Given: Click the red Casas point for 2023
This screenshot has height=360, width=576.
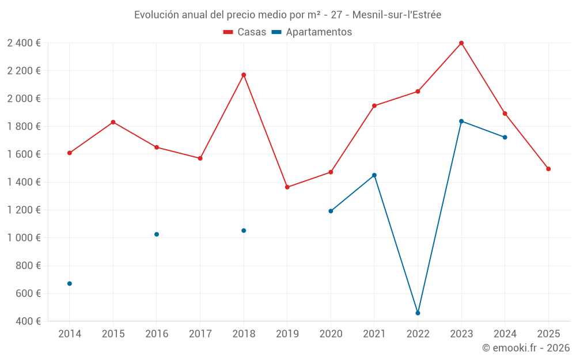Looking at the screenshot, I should click(x=461, y=43).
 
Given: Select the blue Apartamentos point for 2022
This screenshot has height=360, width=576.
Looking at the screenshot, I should click(x=418, y=313).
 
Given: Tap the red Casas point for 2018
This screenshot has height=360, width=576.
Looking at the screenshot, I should click(x=244, y=75).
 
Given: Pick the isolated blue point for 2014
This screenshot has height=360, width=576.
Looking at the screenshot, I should click(x=70, y=283).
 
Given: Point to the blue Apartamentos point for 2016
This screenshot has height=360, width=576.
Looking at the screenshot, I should click(x=157, y=234).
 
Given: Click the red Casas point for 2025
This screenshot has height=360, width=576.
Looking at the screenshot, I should click(x=548, y=169).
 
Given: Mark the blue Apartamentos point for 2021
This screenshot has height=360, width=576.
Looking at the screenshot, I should click(x=374, y=175).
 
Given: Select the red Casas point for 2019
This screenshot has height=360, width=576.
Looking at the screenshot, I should click(x=287, y=187).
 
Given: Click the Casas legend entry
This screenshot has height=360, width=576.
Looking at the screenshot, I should click(x=245, y=32).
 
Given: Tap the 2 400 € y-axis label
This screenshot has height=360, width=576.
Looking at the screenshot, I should click(x=24, y=43).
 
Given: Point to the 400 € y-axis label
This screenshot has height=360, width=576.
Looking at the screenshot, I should click(x=27, y=321).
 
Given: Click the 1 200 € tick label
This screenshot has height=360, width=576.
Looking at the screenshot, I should click(x=24, y=210).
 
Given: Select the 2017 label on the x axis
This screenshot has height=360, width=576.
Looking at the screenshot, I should click(x=200, y=334).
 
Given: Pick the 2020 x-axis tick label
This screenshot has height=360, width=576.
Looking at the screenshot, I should click(x=331, y=334).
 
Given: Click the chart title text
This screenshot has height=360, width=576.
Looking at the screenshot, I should click(x=287, y=15).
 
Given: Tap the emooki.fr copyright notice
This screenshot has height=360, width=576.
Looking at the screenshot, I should click(x=525, y=348).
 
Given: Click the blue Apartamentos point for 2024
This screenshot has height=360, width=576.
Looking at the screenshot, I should click(x=505, y=137).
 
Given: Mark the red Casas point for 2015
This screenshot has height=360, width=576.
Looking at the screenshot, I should click(x=113, y=122).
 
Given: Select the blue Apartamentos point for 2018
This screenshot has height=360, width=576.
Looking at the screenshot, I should click(x=244, y=230).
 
